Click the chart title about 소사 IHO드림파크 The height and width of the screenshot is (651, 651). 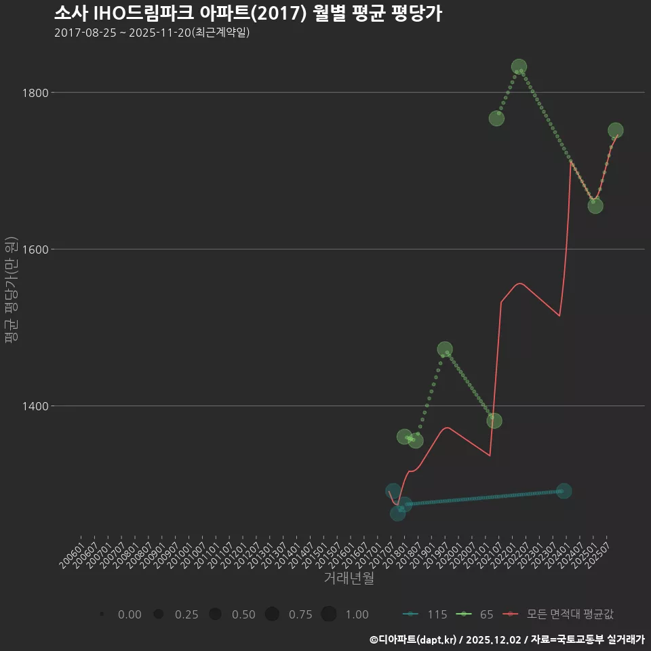tap(248, 14)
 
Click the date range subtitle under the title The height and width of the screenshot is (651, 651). tap(152, 33)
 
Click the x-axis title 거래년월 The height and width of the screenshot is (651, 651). tap(349, 578)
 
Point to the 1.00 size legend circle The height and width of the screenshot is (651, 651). tap(329, 614)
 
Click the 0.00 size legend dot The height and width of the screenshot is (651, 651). tap(101, 614)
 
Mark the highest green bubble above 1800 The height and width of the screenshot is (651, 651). tap(519, 66)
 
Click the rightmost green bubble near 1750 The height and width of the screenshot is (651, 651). tap(616, 130)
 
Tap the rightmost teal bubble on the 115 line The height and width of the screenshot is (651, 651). tap(564, 490)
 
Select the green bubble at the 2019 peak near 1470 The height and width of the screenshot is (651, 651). tap(445, 349)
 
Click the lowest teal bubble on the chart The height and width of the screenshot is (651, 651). tap(397, 513)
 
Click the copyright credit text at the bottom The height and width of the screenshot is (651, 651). tap(507, 639)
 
